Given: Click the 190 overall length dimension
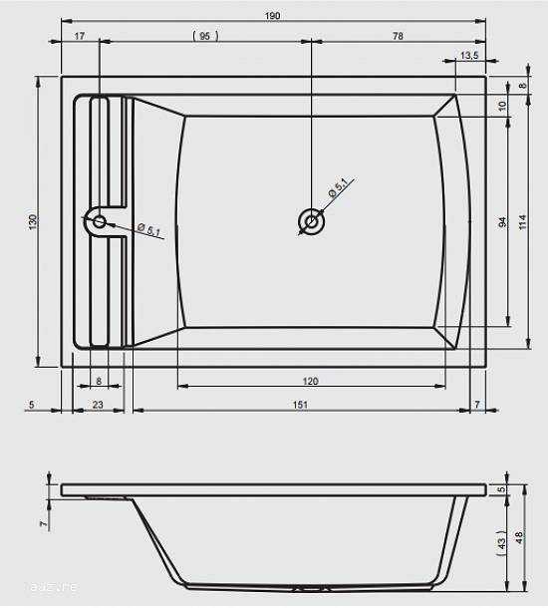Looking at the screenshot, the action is pyautogui.click(x=272, y=16).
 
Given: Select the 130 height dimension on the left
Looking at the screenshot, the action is pyautogui.click(x=33, y=222).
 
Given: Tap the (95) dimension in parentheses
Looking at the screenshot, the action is pyautogui.click(x=205, y=36).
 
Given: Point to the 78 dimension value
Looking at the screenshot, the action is pyautogui.click(x=398, y=36).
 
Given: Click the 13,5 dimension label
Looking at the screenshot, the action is pyautogui.click(x=469, y=55).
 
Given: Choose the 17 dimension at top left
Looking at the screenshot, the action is pyautogui.click(x=79, y=36).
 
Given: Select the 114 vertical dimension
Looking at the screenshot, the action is pyautogui.click(x=522, y=222).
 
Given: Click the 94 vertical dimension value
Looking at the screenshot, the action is pyautogui.click(x=502, y=222).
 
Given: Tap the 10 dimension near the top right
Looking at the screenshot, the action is pyautogui.click(x=502, y=106).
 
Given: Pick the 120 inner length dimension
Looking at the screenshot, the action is pyautogui.click(x=310, y=381).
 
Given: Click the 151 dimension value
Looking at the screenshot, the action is pyautogui.click(x=300, y=405).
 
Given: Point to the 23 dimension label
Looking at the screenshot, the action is pyautogui.click(x=98, y=405).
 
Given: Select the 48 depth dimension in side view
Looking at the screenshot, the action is pyautogui.click(x=519, y=537).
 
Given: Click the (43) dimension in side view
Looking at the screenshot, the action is pyautogui.click(x=501, y=543).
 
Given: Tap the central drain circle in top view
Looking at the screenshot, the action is pyautogui.click(x=312, y=222).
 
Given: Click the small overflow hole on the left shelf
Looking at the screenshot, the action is pyautogui.click(x=100, y=222).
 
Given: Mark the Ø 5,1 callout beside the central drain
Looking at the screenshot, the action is pyautogui.click(x=338, y=187).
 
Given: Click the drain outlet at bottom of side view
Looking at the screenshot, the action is pyautogui.click(x=311, y=589).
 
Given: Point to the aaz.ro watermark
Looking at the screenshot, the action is pyautogui.click(x=54, y=587).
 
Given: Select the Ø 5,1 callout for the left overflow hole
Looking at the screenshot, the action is pyautogui.click(x=148, y=229).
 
